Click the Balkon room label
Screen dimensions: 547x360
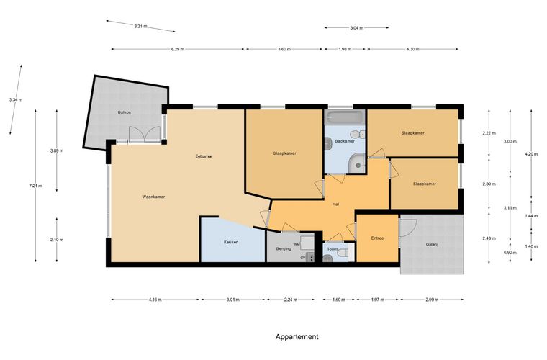pos(125,112)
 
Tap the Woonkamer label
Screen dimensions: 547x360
pos(153,197)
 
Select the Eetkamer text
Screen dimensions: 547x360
pos(204,156)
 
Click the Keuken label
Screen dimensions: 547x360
pos(231,242)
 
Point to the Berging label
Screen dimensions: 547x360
pos(284,248)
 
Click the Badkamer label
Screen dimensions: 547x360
pos(345,141)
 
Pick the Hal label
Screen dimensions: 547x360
pos(336,204)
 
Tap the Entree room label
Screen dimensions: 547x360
pos(377,238)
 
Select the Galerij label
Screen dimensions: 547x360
pos(432,245)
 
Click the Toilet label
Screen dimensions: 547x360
pos(333,249)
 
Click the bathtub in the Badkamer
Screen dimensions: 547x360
pos(344,117)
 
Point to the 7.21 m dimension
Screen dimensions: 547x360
pos(35,186)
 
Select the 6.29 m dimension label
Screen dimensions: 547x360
pos(178,49)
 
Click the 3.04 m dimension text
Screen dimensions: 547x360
pos(356,28)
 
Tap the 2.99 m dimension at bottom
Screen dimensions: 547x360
pos(432,300)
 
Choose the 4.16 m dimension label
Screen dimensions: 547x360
pos(155,300)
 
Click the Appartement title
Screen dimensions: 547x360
pos(297,337)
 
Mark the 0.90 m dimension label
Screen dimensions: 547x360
pos(510,253)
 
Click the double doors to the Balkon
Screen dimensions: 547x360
pos(145,135)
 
